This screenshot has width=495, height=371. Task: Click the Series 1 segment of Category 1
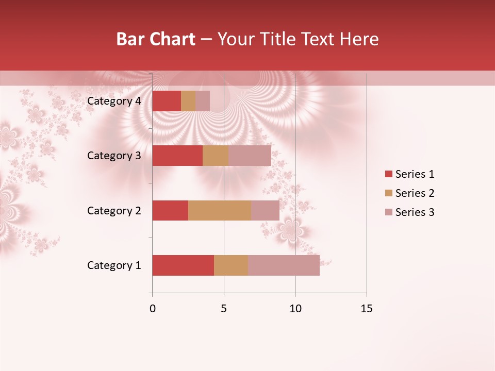[183, 265]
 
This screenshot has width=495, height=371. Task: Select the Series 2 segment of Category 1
[231, 265]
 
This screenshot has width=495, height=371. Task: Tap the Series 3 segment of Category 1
[284, 265]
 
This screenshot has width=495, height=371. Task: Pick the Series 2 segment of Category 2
[220, 210]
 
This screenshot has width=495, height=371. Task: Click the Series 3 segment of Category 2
[265, 210]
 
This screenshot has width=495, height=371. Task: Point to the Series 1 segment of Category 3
[177, 156]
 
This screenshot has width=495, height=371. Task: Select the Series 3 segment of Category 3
[250, 156]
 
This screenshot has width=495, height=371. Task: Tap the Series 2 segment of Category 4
[188, 101]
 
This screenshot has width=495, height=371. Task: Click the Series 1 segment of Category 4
[167, 101]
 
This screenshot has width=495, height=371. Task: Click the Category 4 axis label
[114, 101]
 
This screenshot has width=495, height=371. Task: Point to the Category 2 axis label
[114, 210]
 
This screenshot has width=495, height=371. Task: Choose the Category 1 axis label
[114, 265]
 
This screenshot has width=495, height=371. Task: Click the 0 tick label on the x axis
[153, 309]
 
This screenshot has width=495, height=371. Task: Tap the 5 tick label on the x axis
[224, 309]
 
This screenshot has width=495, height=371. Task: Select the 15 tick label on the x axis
[366, 309]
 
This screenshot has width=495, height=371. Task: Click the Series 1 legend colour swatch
[388, 174]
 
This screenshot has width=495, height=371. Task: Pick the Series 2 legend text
[415, 193]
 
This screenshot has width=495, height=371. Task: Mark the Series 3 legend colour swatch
[388, 212]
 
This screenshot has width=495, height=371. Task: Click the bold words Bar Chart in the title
[156, 39]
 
